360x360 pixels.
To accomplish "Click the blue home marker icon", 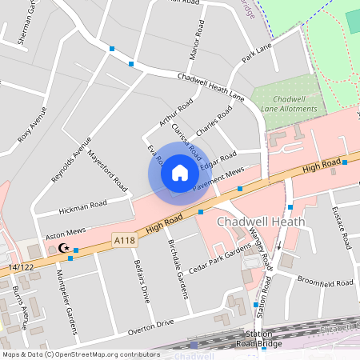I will (x=180, y=172).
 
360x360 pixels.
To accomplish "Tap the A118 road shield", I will (x=124, y=240).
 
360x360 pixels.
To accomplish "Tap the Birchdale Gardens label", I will (x=178, y=270).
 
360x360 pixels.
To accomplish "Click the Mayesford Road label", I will (x=107, y=170).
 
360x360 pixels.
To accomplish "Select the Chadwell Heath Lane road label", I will (x=210, y=86).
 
